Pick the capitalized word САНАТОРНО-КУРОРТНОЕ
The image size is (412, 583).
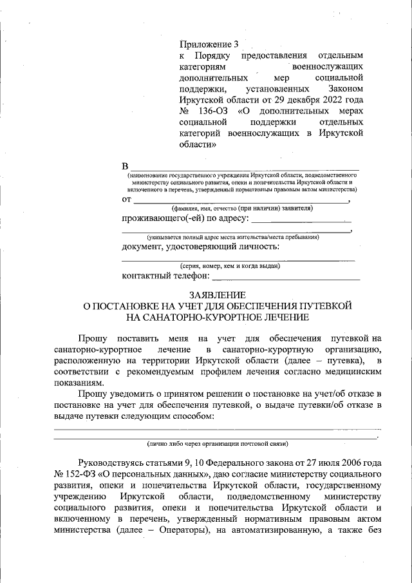(x=199, y=317)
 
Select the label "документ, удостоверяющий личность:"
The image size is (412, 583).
(x=200, y=246)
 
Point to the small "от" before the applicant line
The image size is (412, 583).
(x=127, y=200)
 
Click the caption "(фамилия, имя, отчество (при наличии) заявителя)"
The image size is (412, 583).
(x=241, y=209)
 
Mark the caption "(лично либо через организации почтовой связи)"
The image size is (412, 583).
(x=218, y=444)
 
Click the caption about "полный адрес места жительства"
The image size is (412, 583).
(x=232, y=237)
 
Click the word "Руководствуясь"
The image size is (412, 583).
(x=112, y=463)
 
